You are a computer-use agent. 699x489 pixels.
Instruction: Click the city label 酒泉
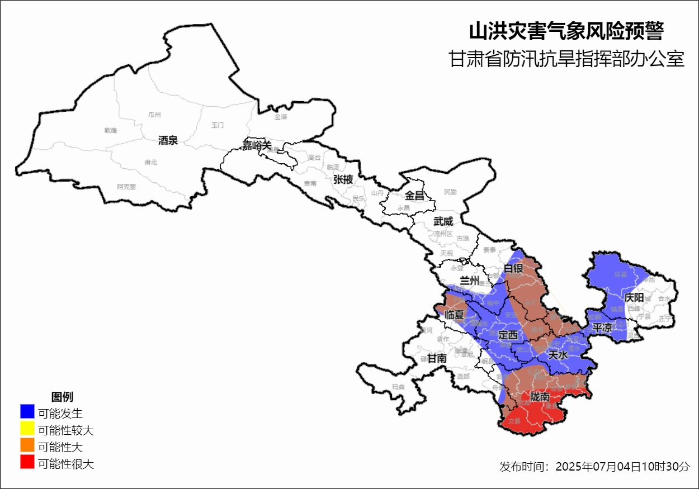[x=168, y=141]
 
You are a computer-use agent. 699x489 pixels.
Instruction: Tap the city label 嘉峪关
[x=256, y=145]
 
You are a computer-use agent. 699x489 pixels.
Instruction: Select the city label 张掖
[x=343, y=179]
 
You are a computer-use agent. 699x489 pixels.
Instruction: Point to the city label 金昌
[x=415, y=196]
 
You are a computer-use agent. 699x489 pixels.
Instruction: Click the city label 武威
[x=443, y=221]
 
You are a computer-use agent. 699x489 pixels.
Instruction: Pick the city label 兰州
[x=468, y=280]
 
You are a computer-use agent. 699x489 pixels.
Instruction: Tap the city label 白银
[x=513, y=269]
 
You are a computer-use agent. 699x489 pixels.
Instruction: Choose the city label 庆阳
[x=634, y=297]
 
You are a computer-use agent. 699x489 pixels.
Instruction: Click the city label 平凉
[x=602, y=327]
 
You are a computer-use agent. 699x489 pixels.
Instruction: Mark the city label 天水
[x=558, y=354]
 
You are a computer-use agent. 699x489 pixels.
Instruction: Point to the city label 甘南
[x=437, y=358]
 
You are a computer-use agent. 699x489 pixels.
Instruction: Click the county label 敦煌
[x=111, y=130]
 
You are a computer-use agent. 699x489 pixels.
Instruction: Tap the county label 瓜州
[x=154, y=115]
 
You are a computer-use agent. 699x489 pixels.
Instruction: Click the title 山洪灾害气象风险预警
[x=566, y=31]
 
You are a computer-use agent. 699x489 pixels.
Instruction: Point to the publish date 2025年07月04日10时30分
[x=622, y=467]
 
